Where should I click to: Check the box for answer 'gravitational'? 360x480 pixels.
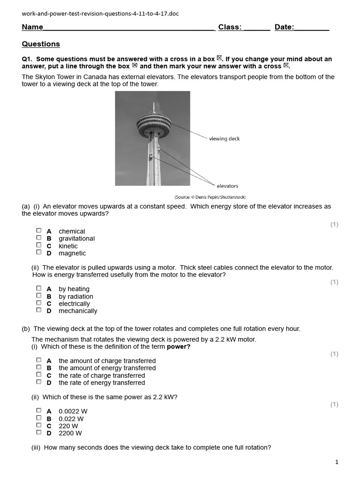click(x=39, y=238)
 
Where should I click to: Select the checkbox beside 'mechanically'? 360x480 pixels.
click(x=39, y=310)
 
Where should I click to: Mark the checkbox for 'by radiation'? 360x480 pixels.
click(x=39, y=296)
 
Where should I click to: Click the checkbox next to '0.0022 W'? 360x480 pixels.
click(x=39, y=411)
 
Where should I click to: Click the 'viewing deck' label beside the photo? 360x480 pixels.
click(x=224, y=139)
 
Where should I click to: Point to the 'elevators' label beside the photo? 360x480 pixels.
click(x=227, y=186)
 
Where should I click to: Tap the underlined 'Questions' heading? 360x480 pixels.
click(x=41, y=44)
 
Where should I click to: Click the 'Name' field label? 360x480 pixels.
click(x=32, y=27)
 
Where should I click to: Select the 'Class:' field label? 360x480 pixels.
click(x=230, y=27)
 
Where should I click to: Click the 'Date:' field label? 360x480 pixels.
click(x=284, y=27)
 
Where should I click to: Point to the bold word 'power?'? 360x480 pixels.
click(x=179, y=347)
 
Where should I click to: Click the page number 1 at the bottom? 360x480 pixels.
click(x=337, y=462)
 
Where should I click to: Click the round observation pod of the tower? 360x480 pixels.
click(x=154, y=123)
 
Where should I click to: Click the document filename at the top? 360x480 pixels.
click(x=100, y=14)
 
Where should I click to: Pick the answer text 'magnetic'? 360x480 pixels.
click(x=72, y=253)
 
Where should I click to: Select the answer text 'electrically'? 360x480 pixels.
click(x=74, y=303)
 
